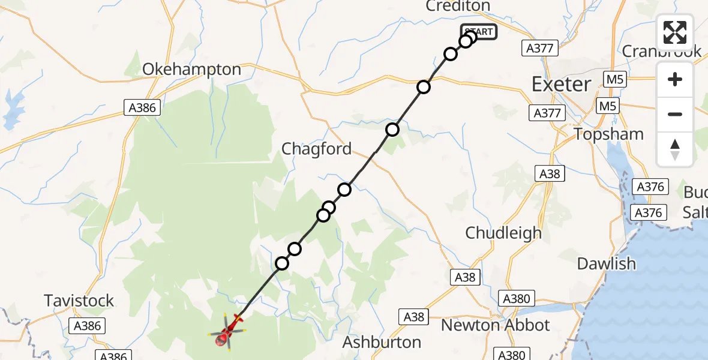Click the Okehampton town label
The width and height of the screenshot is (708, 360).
pyautogui.click(x=191, y=70)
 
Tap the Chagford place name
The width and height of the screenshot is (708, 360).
pyautogui.click(x=317, y=149)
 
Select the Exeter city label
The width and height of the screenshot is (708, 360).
pyautogui.click(x=561, y=84)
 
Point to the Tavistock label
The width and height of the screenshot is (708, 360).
pyautogui.click(x=79, y=301)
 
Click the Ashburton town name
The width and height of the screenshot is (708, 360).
pyautogui.click(x=381, y=343)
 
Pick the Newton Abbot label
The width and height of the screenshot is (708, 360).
pyautogui.click(x=495, y=325)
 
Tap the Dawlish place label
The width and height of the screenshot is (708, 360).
pyautogui.click(x=606, y=263)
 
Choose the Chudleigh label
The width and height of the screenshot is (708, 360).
pyautogui.click(x=503, y=233)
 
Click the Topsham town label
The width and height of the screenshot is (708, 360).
pyautogui.click(x=608, y=134)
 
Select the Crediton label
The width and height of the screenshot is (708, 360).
pyautogui.click(x=457, y=7)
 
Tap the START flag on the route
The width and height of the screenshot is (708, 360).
pyautogui.click(x=479, y=32)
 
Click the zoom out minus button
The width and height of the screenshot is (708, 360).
pyautogui.click(x=675, y=114)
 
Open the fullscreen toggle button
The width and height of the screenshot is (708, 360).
pyautogui.click(x=675, y=32)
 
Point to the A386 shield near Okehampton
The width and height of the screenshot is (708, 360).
pyautogui.click(x=142, y=108)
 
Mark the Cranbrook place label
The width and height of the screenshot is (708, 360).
pyautogui.click(x=661, y=51)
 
